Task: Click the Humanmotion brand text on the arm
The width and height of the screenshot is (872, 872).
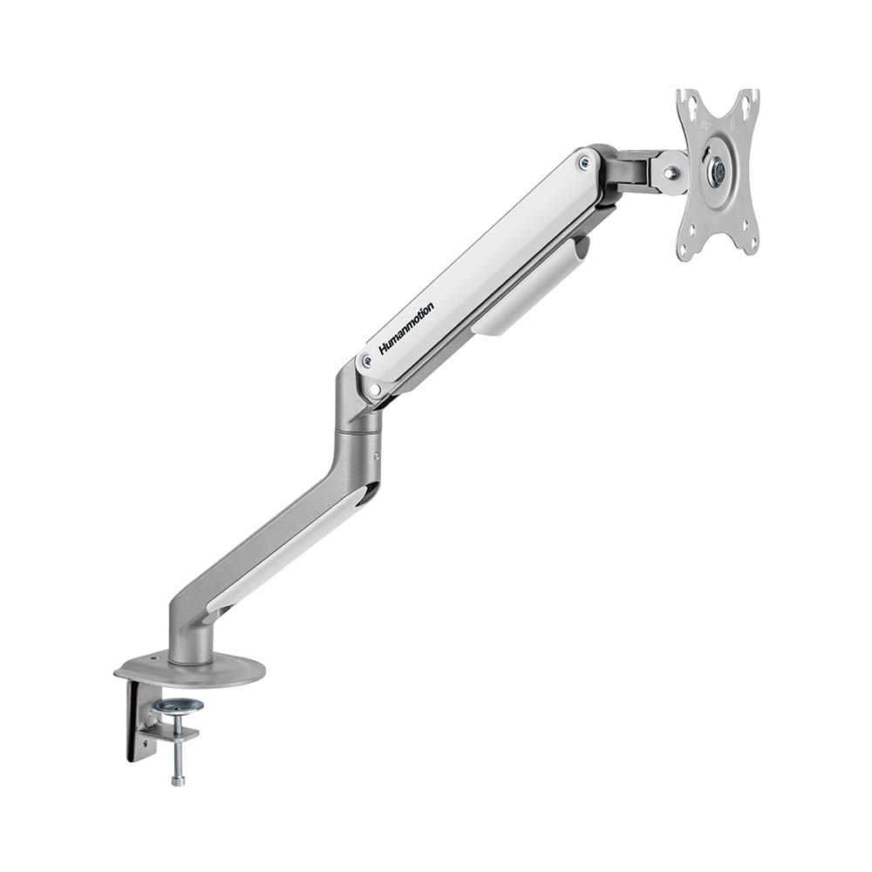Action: click(406, 328)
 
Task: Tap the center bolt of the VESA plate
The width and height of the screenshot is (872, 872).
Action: click(718, 173)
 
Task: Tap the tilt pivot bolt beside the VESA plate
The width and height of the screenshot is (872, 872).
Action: click(670, 173)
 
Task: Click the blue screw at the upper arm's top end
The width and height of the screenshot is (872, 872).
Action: click(583, 162)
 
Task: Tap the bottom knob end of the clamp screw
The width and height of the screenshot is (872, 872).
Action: click(178, 779)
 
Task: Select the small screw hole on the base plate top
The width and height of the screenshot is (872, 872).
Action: click(155, 657)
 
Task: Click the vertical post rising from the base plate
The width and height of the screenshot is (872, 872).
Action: click(189, 641)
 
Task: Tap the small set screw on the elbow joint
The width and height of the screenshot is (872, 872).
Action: click(377, 454)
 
